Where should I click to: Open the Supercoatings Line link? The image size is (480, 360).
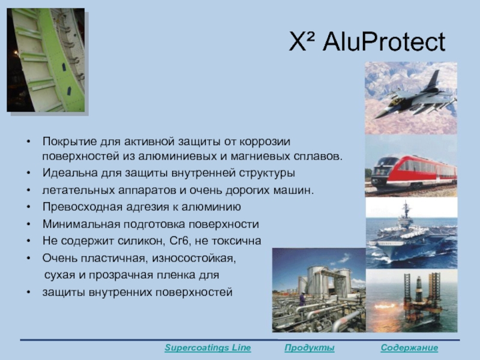208,348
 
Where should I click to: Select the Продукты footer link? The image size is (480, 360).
309,348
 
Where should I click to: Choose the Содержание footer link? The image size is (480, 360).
409,348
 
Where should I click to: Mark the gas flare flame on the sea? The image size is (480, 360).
385,306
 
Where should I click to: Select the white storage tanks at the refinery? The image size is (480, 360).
325,281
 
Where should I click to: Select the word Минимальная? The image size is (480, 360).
81,224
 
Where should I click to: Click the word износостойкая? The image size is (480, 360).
194,259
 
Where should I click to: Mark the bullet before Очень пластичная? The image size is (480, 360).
28,259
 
